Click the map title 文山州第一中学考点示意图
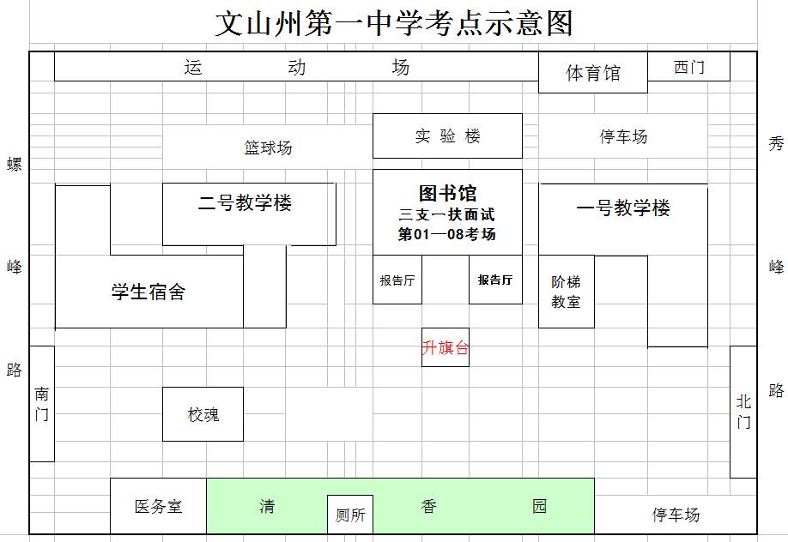(x=394, y=23)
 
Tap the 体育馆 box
(x=592, y=73)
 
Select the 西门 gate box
(x=688, y=67)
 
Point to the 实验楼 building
(x=447, y=136)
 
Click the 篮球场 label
(x=268, y=148)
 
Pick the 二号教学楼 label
(x=245, y=203)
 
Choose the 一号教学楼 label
(x=622, y=208)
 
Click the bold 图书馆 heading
(x=447, y=193)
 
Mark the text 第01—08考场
(x=447, y=234)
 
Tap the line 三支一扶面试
(x=447, y=214)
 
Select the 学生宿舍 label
(x=149, y=292)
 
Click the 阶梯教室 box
(x=566, y=292)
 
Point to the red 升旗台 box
(x=446, y=348)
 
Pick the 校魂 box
(x=203, y=414)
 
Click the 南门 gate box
(x=42, y=404)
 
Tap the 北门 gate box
(x=743, y=412)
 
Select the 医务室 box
(x=158, y=506)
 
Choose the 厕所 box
(x=350, y=515)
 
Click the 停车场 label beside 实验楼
(x=623, y=136)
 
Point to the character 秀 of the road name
(x=776, y=144)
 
